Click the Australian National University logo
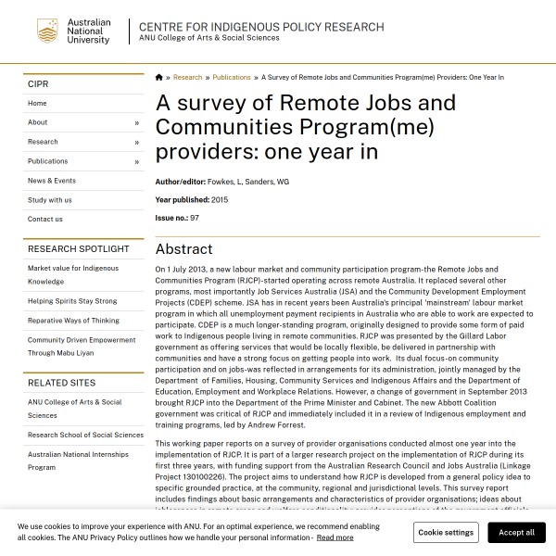pyautogui.click(x=73, y=32)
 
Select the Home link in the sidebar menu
pyautogui.click(x=37, y=104)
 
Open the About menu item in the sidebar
pyautogui.click(x=38, y=122)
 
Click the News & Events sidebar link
pyautogui.click(x=52, y=181)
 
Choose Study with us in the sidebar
pyautogui.click(x=49, y=200)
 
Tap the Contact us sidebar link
pyautogui.click(x=45, y=220)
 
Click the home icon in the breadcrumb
pyautogui.click(x=158, y=78)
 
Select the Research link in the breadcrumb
pyautogui.click(x=187, y=78)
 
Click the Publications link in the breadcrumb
pyautogui.click(x=232, y=78)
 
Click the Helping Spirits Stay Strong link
pyautogui.click(x=72, y=301)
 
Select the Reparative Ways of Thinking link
pyautogui.click(x=73, y=321)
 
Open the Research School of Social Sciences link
pyautogui.click(x=85, y=435)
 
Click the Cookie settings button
pyautogui.click(x=446, y=533)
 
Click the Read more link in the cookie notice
pyautogui.click(x=335, y=537)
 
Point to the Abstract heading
pyautogui.click(x=183, y=249)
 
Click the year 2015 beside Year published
pyautogui.click(x=220, y=200)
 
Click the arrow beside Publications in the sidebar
pyautogui.click(x=136, y=162)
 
